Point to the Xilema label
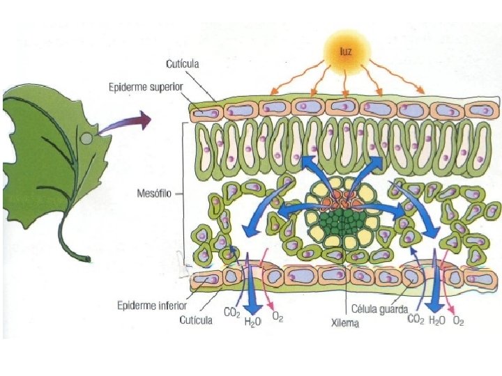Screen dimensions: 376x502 point(344,322)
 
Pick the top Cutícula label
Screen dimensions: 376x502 point(183,64)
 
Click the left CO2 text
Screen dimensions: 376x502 point(232,313)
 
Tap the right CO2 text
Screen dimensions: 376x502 point(416,320)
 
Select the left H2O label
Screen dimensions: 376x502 point(252,322)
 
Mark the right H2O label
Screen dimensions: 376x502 point(437,320)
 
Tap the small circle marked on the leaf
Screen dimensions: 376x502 point(86,139)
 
